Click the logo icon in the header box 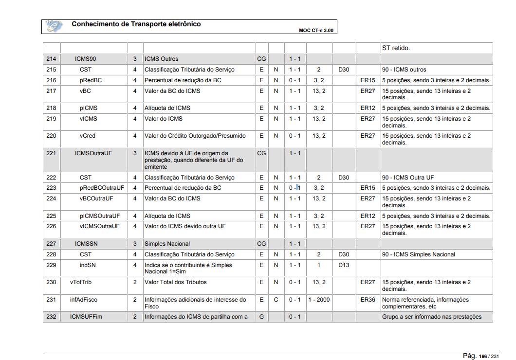(54, 26)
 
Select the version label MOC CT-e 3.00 (316, 30)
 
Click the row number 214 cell (51, 59)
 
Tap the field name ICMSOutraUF (93, 153)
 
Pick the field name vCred (88, 136)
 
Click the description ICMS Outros (162, 59)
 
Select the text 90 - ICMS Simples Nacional (419, 254)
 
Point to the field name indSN (88, 265)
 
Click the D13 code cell (344, 265)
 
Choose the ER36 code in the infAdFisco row (368, 300)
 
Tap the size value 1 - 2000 (319, 300)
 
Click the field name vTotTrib (80, 282)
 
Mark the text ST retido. (396, 48)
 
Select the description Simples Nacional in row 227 (167, 244)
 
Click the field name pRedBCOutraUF (102, 188)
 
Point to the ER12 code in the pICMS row (368, 108)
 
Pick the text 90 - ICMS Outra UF (408, 178)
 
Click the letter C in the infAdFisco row (276, 300)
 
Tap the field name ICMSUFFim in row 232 (86, 317)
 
